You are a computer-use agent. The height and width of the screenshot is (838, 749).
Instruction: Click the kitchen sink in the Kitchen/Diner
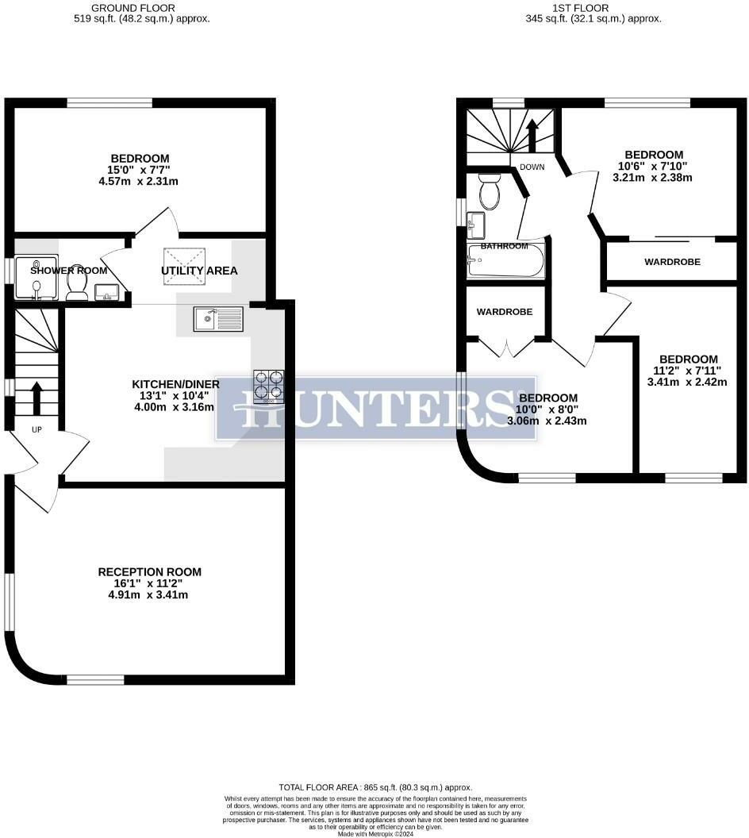pyautogui.click(x=218, y=319)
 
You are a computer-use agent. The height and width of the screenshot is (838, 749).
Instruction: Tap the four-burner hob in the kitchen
pyautogui.click(x=268, y=385)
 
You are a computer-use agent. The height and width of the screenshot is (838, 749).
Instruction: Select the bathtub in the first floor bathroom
pyautogui.click(x=505, y=261)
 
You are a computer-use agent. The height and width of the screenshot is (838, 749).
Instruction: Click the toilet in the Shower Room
pyautogui.click(x=77, y=284)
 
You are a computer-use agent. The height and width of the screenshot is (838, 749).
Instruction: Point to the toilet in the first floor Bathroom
pyautogui.click(x=490, y=191)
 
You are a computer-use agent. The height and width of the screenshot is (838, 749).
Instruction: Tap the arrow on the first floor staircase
pyautogui.click(x=532, y=133)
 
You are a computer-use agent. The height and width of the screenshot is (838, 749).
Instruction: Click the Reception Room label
pyautogui.click(x=149, y=571)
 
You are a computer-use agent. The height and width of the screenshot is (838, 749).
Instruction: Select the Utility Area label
pyautogui.click(x=199, y=271)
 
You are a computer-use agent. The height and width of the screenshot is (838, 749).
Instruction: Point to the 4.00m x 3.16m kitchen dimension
pyautogui.click(x=175, y=407)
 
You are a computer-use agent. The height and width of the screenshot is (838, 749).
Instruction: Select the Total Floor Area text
pyautogui.click(x=375, y=786)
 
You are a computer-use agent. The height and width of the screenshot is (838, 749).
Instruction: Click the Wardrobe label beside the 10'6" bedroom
pyautogui.click(x=672, y=261)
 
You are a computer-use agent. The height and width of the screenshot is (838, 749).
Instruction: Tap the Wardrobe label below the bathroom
pyautogui.click(x=504, y=312)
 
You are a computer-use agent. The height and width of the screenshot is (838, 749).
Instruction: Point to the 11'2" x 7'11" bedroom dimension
pyautogui.click(x=688, y=371)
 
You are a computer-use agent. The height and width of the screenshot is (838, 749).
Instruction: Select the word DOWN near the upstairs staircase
pyautogui.click(x=532, y=167)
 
